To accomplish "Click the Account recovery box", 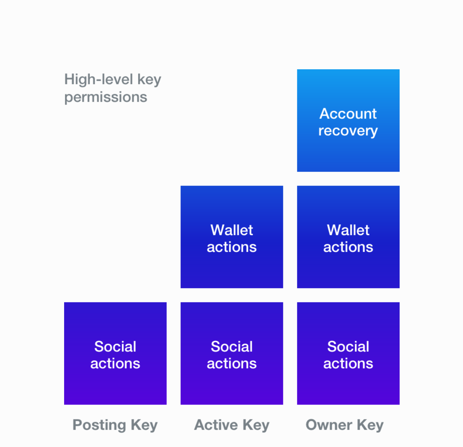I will click(348, 121).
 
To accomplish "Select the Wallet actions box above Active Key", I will click(231, 237).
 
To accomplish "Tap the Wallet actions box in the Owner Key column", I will click(348, 237).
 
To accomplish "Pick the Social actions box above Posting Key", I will click(115, 353).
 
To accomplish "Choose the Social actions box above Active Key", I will click(231, 353).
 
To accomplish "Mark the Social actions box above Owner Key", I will click(348, 353).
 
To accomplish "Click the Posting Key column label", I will click(115, 425).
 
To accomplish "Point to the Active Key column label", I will click(231, 425).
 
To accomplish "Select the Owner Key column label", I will click(344, 425).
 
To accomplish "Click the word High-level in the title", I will click(99, 79).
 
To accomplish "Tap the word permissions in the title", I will click(106, 97).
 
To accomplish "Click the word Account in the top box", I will click(348, 114).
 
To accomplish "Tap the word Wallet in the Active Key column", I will click(231, 230).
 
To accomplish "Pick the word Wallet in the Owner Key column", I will click(348, 230).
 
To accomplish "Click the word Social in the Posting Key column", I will click(115, 346).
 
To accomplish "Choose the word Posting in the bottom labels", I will click(100, 425).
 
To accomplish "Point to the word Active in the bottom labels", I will click(216, 425).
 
